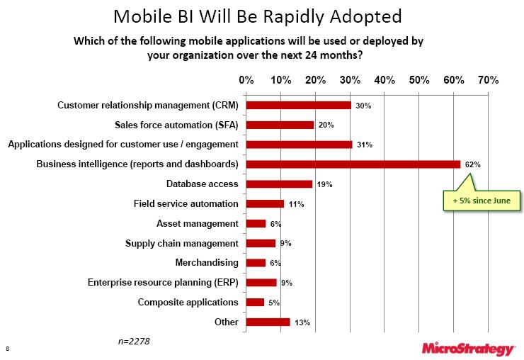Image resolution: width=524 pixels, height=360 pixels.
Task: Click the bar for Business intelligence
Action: click(x=353, y=164)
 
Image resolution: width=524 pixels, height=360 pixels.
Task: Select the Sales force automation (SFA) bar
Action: click(x=280, y=125)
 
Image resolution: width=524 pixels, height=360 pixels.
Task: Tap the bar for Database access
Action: click(x=278, y=184)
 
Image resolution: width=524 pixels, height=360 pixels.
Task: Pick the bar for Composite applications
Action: click(x=254, y=303)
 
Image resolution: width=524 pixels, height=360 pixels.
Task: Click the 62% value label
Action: click(x=473, y=164)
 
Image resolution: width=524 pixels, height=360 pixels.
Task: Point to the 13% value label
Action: click(x=302, y=322)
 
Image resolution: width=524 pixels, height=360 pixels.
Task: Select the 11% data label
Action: click(x=295, y=204)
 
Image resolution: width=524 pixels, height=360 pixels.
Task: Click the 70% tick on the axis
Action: click(x=489, y=80)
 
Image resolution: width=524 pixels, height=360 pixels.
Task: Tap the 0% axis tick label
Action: click(x=246, y=80)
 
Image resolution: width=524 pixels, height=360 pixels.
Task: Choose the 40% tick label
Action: click(x=384, y=80)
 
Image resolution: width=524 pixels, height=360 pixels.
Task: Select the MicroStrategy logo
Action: click(x=467, y=348)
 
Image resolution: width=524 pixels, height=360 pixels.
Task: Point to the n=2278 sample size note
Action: click(x=134, y=342)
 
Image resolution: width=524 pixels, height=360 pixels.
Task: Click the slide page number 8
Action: click(x=7, y=349)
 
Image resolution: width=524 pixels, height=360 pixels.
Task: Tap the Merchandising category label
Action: click(x=207, y=263)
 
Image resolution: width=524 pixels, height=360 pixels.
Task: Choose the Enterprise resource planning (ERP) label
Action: click(x=163, y=283)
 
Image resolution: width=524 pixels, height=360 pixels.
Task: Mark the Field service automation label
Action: click(x=186, y=204)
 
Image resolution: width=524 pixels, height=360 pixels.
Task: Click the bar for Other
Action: click(x=268, y=322)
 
